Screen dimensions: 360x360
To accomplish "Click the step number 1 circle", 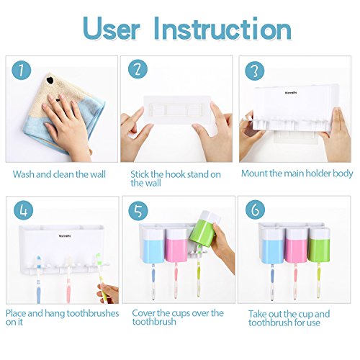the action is click(22, 70).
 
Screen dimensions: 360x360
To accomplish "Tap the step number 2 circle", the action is click(138, 69).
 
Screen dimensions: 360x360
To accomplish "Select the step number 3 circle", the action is click(255, 71).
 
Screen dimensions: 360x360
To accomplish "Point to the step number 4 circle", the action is click(23, 210).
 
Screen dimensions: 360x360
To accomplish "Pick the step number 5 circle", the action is click(138, 210).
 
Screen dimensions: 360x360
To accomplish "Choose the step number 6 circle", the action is click(255, 210).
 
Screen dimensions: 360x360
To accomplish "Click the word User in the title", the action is click(111, 29).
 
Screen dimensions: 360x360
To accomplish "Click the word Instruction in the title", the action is click(222, 29).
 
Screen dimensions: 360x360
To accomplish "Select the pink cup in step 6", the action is click(297, 245).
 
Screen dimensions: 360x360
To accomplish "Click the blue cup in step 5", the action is click(153, 245).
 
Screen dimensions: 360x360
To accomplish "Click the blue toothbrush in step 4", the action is click(39, 279).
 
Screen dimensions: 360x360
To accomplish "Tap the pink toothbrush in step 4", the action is click(68, 280).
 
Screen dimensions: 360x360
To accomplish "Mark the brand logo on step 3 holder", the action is click(291, 92).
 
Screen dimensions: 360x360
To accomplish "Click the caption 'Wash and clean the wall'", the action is click(59, 174).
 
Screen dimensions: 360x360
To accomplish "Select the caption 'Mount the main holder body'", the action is click(297, 174).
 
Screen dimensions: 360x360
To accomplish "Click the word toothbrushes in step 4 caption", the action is click(93, 313).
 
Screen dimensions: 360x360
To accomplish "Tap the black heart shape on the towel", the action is click(50, 80).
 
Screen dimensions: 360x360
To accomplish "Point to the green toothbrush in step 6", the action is click(319, 280).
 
